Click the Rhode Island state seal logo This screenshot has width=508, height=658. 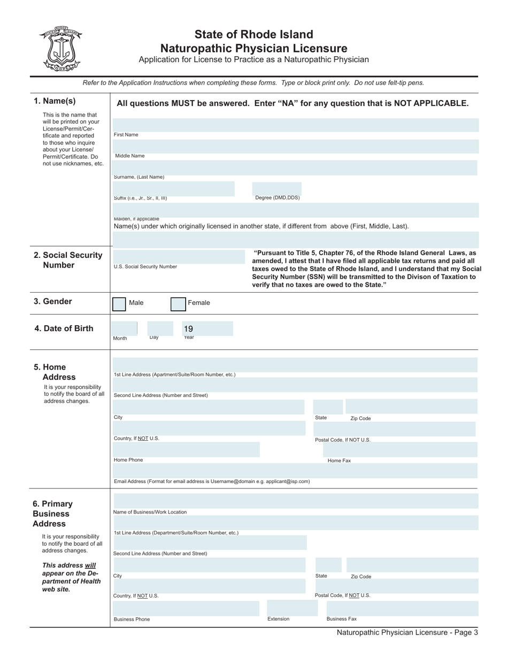(x=60, y=49)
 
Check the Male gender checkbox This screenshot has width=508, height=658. (x=119, y=304)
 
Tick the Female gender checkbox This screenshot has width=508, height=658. (x=178, y=304)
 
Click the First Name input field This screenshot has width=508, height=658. (x=296, y=126)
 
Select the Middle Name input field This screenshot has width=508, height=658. (x=296, y=147)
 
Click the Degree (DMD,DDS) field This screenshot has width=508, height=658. (x=276, y=188)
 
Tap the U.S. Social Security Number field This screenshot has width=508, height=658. (x=179, y=257)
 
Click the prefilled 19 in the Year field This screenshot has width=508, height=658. (x=188, y=329)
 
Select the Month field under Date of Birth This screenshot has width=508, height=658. (x=125, y=328)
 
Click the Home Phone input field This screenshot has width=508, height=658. (x=186, y=449)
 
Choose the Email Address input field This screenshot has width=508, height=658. (x=296, y=471)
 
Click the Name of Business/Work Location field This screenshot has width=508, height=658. (x=296, y=501)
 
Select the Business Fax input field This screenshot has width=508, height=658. (x=398, y=608)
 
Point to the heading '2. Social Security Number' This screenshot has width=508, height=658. (x=68, y=260)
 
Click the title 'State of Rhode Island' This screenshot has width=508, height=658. (x=253, y=35)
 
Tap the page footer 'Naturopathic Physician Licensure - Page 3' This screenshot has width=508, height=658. (x=407, y=632)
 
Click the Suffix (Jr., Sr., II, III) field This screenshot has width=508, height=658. (x=173, y=188)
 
